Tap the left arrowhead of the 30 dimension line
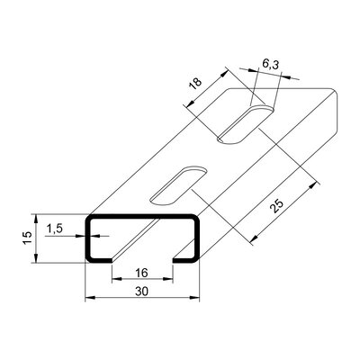(x=89, y=299)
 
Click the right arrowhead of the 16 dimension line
(x=167, y=278)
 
